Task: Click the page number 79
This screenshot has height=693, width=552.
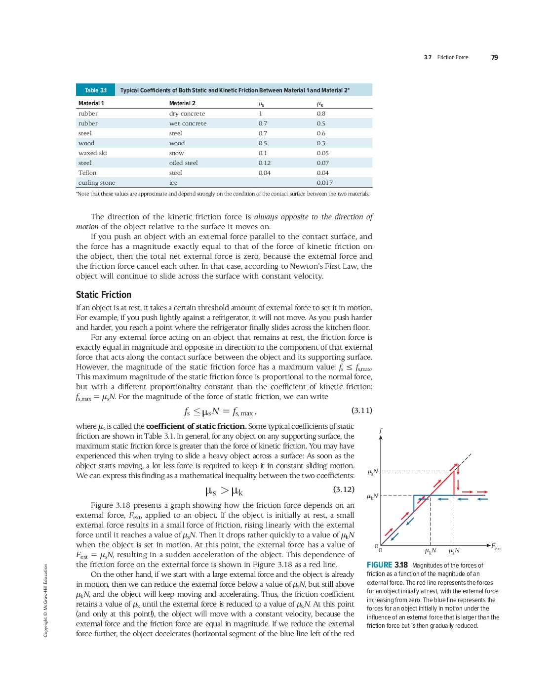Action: (x=494, y=57)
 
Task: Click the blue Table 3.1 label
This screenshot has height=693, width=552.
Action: (x=95, y=90)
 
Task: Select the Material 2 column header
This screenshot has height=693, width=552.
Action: (x=182, y=103)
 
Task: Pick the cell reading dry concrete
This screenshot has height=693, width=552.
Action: (x=187, y=114)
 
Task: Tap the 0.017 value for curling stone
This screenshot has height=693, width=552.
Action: (x=324, y=183)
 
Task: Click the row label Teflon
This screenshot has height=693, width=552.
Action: (x=87, y=173)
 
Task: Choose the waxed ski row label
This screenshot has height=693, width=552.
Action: (x=92, y=153)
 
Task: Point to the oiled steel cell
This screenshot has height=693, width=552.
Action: (x=183, y=163)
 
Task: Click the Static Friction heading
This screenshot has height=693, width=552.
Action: (x=104, y=295)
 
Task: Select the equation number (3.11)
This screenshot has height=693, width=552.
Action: (x=361, y=410)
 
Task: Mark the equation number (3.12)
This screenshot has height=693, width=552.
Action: (x=344, y=489)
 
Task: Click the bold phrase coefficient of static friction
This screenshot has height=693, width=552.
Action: (x=196, y=426)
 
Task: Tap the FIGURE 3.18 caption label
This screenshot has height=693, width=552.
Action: (x=387, y=565)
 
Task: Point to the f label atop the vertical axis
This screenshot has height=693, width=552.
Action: (x=381, y=431)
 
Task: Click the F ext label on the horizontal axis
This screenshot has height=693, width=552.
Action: (x=496, y=546)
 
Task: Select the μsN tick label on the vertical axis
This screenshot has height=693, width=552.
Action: (x=373, y=472)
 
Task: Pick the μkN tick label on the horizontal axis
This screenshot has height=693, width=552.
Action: (x=431, y=551)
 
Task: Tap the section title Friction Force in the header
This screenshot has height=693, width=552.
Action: (x=452, y=57)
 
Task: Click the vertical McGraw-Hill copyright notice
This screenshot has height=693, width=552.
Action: (x=46, y=600)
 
